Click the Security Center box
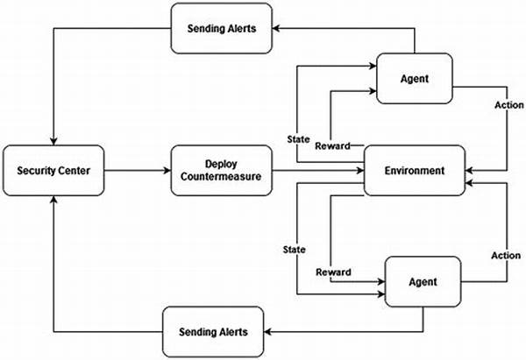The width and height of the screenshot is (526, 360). point(53,170)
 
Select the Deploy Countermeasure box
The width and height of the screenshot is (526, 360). point(222,170)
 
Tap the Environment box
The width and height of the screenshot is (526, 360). point(415,170)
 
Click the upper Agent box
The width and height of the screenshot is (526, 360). point(415,79)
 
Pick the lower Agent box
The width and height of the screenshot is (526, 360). point(423,281)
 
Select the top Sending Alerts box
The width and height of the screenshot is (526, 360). point(222,28)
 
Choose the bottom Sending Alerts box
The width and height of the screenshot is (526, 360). point(213,332)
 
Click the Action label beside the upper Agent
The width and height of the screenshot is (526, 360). point(508,105)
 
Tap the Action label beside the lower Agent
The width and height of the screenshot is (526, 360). point(506,256)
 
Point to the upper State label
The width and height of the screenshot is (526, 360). point(298,139)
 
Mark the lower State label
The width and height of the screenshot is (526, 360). point(295,250)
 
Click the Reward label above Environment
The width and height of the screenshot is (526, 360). point(333,145)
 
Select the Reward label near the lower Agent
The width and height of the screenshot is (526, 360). point(333,272)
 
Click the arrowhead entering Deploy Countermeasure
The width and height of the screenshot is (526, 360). point(167,170)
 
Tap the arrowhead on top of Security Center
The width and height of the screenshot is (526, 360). point(53,141)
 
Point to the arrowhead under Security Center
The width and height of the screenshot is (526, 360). point(53,200)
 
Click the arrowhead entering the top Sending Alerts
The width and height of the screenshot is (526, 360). point(276,28)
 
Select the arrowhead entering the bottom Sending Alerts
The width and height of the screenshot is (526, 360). point(267,332)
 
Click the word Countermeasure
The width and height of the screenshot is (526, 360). point(221,177)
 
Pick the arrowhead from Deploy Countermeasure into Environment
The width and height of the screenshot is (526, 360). point(360,170)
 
